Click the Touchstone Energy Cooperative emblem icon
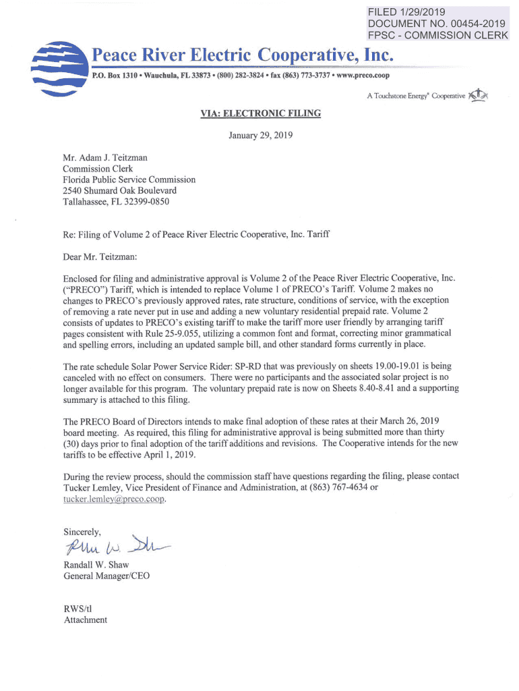tap(477, 95)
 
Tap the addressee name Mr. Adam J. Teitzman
tap(105, 158)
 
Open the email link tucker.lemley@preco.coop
tap(114, 499)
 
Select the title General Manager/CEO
tap(106, 576)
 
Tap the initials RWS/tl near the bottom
tap(77, 608)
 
